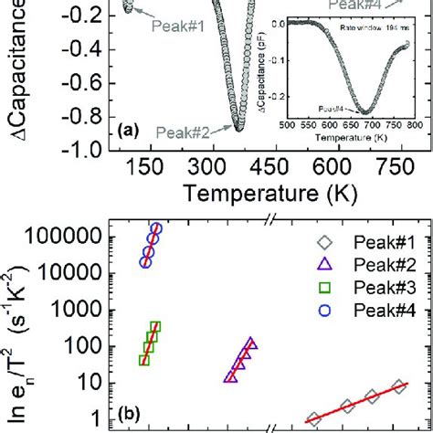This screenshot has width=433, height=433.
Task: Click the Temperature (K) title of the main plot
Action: tap(261, 194)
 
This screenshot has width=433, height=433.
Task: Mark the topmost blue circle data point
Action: tap(156, 228)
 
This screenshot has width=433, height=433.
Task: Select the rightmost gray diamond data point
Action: tap(398, 387)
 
